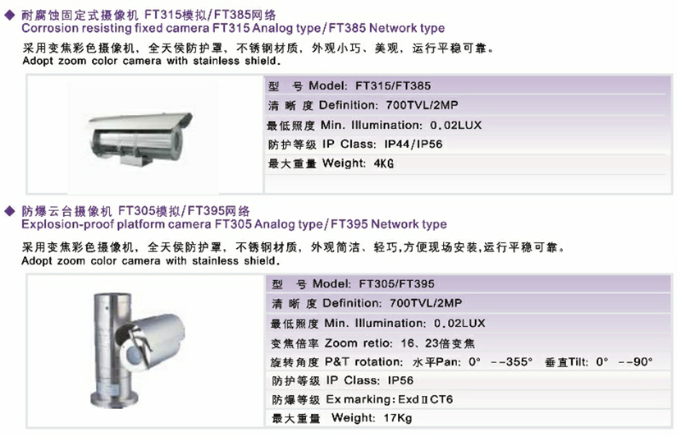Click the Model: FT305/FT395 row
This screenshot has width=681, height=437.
click(x=352, y=284)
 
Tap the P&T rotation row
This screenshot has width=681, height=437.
click(x=460, y=361)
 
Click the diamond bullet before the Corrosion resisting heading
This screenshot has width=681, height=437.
click(x=9, y=15)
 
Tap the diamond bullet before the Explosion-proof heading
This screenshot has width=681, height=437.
click(x=9, y=211)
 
